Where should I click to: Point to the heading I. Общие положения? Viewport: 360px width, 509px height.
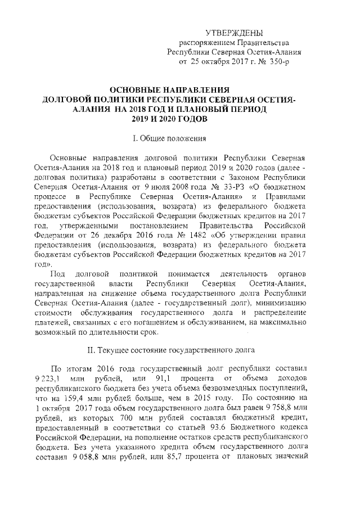(x=169, y=137)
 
